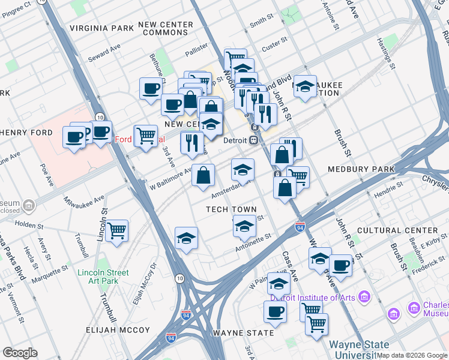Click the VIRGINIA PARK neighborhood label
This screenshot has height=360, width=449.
tap(101, 28)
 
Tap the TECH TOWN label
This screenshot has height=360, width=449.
tap(231, 209)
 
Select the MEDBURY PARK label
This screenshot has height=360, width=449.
tap(361, 170)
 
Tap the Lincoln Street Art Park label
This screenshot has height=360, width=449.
tap(103, 277)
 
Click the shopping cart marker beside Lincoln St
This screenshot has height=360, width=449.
tap(116, 230)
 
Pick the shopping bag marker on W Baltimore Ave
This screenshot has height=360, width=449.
tap(203, 175)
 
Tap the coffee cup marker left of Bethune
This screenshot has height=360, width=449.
tap(151, 88)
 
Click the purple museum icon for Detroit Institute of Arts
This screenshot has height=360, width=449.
tap(364, 296)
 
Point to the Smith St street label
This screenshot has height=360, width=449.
tap(262, 22)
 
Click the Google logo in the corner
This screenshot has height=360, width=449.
tap(20, 353)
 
